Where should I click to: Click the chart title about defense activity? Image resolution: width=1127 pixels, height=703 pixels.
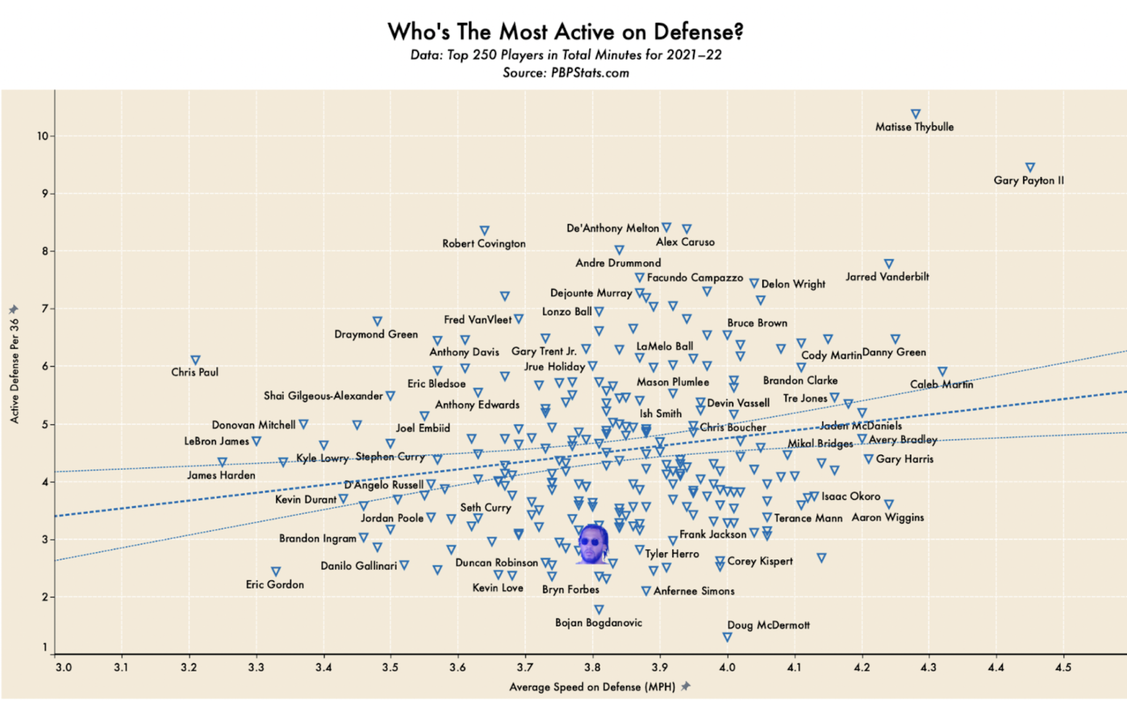coord(565,32)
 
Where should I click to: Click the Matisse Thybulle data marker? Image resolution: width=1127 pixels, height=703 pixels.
coord(915,114)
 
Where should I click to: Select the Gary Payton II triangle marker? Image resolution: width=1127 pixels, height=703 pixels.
coord(1030,168)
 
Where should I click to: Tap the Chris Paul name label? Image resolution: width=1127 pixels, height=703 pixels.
coord(195,373)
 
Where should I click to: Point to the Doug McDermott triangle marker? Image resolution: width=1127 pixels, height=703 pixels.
coord(727,637)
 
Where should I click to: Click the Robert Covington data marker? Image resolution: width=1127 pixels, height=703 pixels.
coord(485,231)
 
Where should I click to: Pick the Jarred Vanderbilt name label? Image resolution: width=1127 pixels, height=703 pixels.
coord(887,277)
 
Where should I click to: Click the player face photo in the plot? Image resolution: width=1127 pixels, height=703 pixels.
coord(592,543)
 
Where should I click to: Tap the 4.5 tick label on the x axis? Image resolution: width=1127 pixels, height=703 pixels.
coord(1063,667)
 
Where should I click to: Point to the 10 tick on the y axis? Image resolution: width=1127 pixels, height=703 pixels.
coord(43,136)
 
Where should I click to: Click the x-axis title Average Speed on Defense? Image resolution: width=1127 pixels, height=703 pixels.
coord(592,687)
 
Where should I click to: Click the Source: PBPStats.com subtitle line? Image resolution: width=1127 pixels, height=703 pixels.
coord(566,73)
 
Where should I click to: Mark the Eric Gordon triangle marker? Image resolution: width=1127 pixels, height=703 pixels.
coord(276,571)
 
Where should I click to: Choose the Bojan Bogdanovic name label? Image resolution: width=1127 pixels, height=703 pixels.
coord(599,623)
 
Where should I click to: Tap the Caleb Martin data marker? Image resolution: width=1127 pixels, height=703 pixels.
coord(942,371)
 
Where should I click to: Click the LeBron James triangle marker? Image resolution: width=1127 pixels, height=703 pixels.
coord(256,441)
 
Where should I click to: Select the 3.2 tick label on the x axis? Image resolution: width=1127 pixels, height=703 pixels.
coord(189,667)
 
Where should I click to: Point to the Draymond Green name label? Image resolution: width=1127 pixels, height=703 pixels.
coord(376,334)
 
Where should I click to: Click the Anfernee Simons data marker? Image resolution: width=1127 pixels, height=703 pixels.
coord(646,591)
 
